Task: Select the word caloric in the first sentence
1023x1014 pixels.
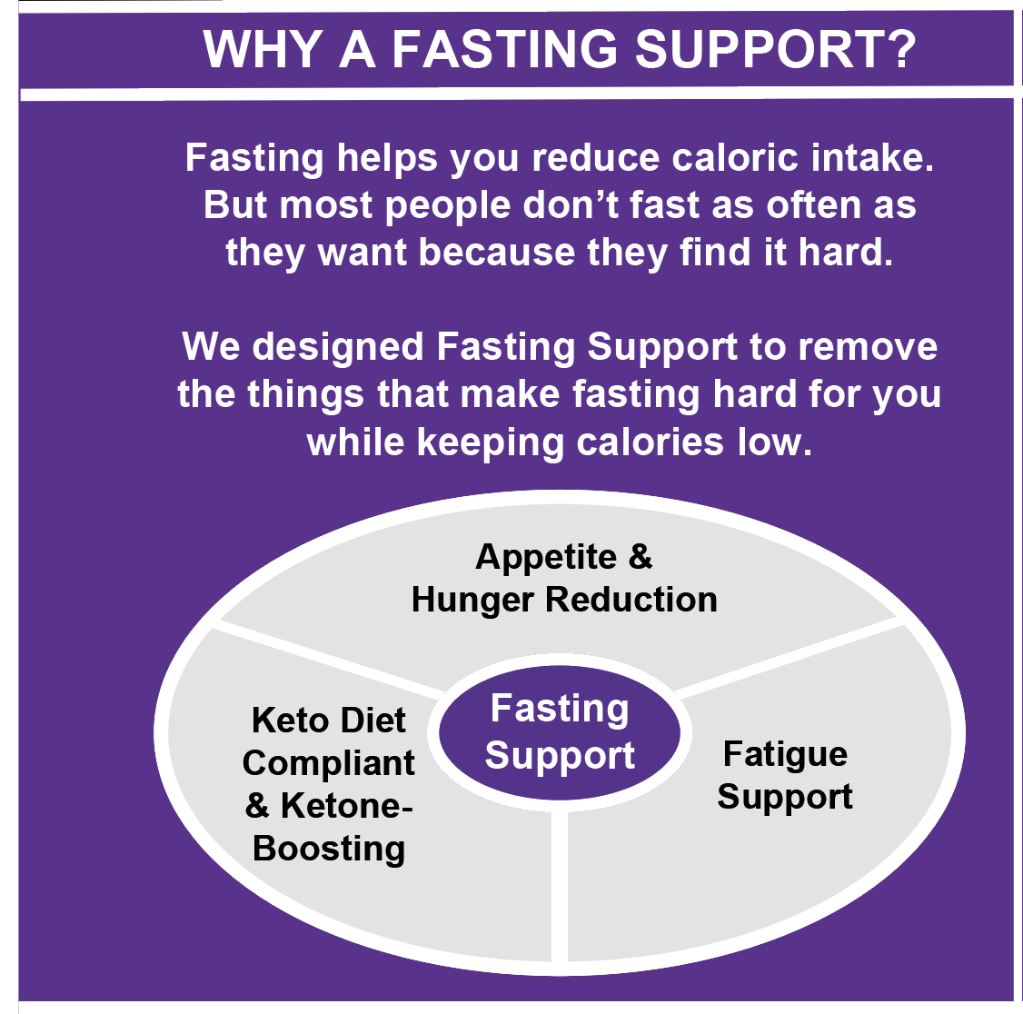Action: point(738,158)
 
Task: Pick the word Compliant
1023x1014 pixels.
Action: point(329,763)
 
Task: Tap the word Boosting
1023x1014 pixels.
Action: point(329,849)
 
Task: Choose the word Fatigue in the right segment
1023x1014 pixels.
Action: point(785,754)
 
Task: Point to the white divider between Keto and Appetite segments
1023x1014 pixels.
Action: point(327,659)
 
